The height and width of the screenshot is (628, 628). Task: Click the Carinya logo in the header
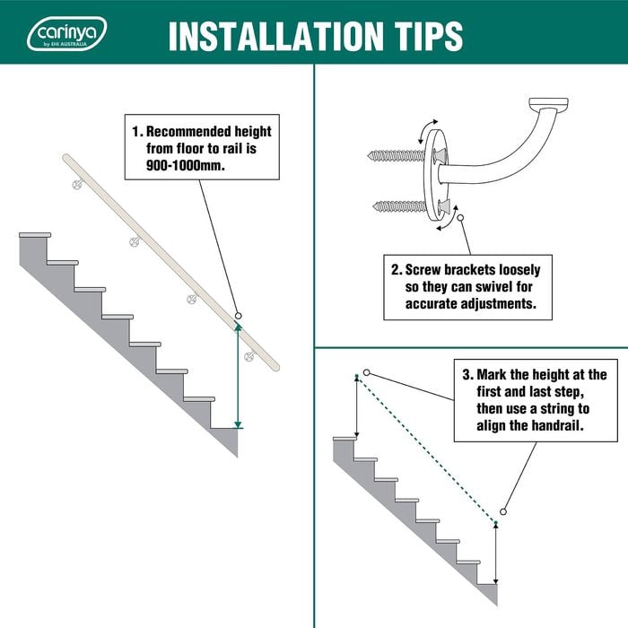[x=67, y=33]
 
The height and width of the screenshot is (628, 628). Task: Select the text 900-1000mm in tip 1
[x=186, y=165]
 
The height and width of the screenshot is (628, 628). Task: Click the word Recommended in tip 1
[x=188, y=131]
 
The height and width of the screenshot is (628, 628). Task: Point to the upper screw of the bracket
[x=396, y=155]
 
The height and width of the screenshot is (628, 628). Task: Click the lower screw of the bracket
[x=400, y=206]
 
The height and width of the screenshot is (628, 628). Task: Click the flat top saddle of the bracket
[x=548, y=104]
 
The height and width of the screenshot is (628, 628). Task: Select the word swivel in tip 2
[x=494, y=287]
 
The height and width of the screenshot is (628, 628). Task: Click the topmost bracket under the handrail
[x=77, y=183]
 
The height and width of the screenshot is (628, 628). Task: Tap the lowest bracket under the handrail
[x=250, y=355]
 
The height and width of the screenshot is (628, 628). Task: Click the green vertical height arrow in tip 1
[x=238, y=376]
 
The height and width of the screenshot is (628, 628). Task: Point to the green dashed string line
[x=426, y=449]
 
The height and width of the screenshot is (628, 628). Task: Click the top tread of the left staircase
[x=35, y=235]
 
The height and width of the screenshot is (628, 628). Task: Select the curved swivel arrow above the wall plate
[x=427, y=131]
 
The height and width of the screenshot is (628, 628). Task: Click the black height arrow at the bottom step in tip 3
[x=496, y=554]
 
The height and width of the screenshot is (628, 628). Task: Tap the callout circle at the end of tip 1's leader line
[x=238, y=316]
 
